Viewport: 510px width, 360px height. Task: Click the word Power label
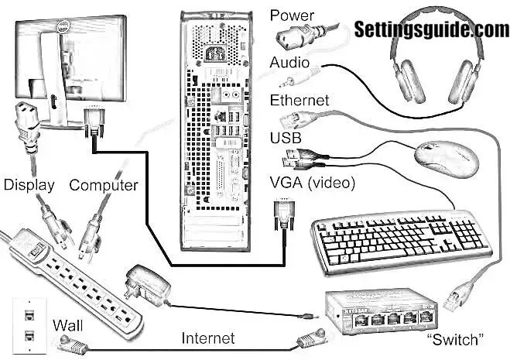(x=293, y=15)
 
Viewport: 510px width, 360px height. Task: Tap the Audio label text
(x=289, y=62)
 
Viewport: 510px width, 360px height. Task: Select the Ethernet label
(x=299, y=101)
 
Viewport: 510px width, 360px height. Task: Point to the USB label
(x=285, y=139)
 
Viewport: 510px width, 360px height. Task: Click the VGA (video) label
(x=312, y=183)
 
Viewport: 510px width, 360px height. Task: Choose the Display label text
(x=29, y=185)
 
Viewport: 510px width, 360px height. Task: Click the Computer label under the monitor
(x=104, y=185)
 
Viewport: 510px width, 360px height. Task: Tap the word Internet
(x=207, y=338)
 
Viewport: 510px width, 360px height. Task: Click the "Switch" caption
(x=456, y=339)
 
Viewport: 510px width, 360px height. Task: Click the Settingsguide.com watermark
(x=430, y=29)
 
